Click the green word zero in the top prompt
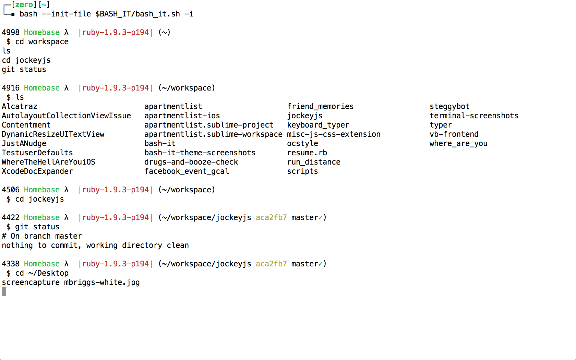pos(24,5)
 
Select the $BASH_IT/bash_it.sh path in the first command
pos(137,14)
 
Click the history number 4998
pos(11,33)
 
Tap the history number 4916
pos(11,88)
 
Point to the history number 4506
pos(11,190)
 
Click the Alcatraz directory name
pos(20,107)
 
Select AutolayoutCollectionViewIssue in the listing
pos(66,116)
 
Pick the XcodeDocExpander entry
pos(37,171)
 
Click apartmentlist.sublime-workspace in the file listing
pos(213,134)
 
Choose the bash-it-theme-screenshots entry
pos(200,153)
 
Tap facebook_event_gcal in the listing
pos(187,171)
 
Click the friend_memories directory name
pos(320,107)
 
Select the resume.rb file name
pos(307,153)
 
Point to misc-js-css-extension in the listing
pos(334,134)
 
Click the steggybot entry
pos(449,107)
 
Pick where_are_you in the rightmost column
pos(458,144)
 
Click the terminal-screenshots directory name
pos(474,116)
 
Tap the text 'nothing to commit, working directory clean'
pos(95,245)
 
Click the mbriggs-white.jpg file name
pos(102,283)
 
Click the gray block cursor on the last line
pos(4,291)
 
